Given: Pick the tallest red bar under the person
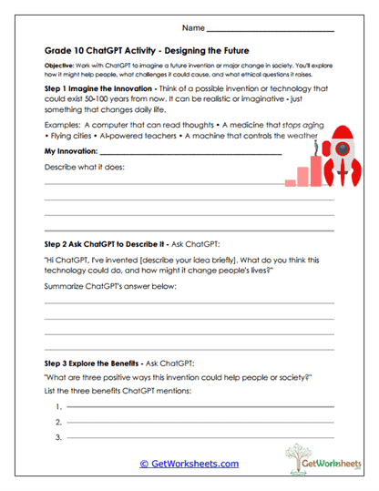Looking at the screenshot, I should pos(315,167).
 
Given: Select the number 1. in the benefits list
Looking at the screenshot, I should pos(58,406).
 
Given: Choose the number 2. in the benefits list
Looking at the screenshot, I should pos(58,423).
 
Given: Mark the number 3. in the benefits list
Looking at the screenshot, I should pos(58,438).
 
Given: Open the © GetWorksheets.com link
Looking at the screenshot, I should pos(189,464).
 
